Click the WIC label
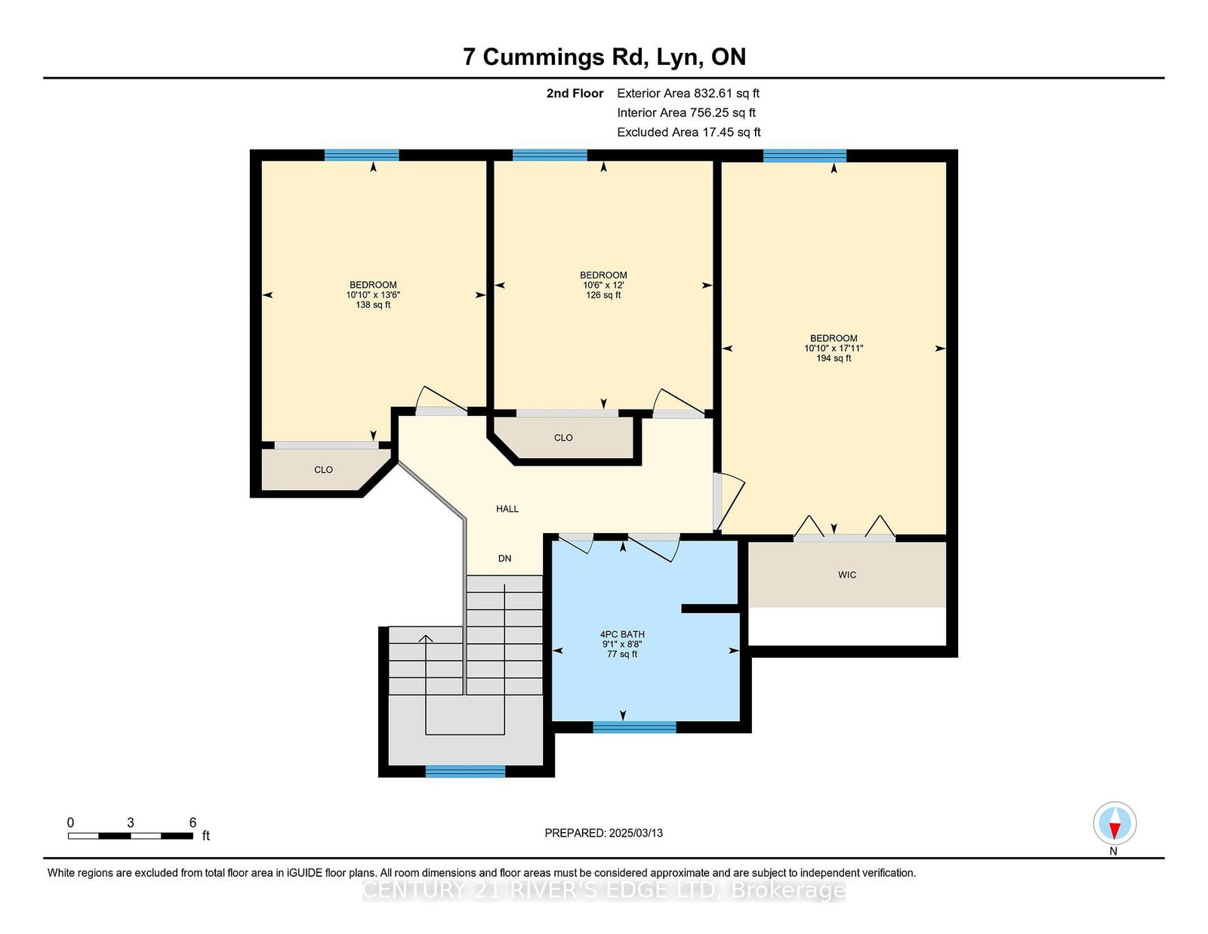tap(846, 575)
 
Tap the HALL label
tap(507, 509)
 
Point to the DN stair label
tap(504, 558)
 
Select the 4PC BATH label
tap(622, 634)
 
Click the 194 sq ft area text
tap(834, 359)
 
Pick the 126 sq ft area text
tap(603, 295)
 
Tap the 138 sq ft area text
tap(373, 305)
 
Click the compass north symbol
tap(1114, 823)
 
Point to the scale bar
tap(131, 836)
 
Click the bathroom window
tap(634, 727)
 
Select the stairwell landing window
tap(465, 772)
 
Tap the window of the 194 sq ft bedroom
tap(804, 156)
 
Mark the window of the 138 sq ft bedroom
tap(362, 155)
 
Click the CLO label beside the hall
tap(563, 438)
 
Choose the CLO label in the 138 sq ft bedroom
tap(323, 470)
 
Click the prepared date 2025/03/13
tap(636, 834)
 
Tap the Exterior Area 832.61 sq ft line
tap(689, 94)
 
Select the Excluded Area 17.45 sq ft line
tap(689, 132)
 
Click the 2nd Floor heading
tap(575, 94)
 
